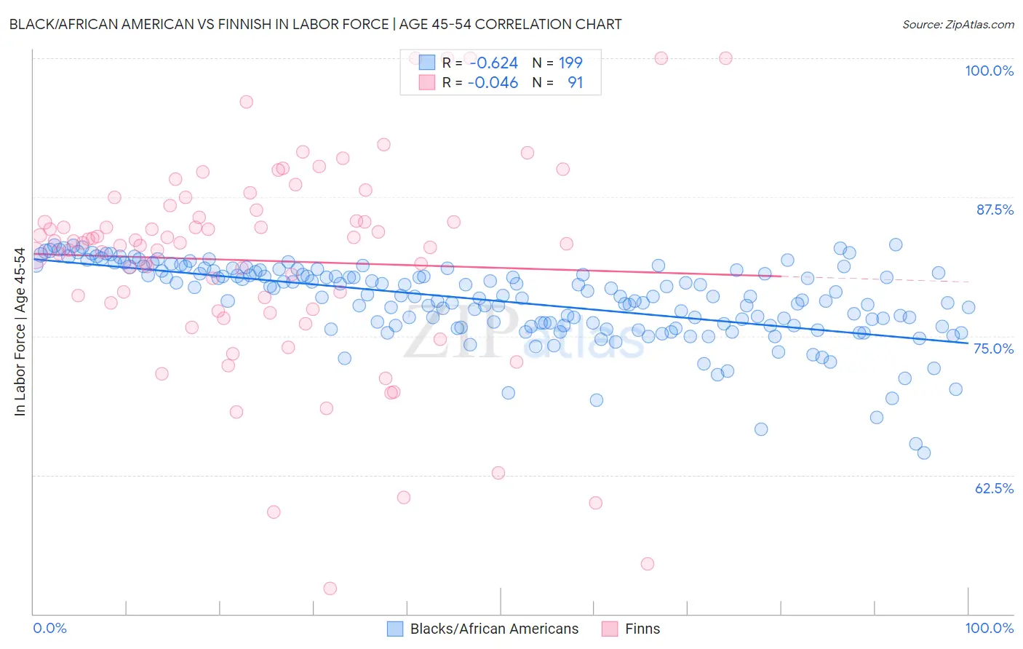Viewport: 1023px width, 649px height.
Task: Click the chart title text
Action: click(315, 24)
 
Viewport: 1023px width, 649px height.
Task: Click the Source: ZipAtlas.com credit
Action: click(958, 24)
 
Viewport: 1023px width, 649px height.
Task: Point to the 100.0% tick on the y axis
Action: click(989, 71)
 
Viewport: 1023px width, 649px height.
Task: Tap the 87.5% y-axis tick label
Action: click(994, 210)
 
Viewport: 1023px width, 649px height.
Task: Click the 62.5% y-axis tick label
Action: click(994, 488)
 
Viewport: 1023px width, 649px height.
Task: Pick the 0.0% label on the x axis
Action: click(49, 628)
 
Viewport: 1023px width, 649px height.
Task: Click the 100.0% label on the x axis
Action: click(989, 628)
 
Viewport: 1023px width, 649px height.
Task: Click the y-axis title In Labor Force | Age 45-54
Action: click(20, 333)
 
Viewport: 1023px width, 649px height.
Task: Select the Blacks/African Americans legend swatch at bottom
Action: click(395, 629)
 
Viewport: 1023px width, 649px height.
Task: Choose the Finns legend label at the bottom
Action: click(642, 629)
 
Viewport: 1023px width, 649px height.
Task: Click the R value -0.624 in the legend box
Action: click(493, 63)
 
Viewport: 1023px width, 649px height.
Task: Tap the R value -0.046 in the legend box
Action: click(493, 82)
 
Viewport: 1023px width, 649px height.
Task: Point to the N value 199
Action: click(570, 63)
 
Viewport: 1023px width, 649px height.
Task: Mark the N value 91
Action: click(575, 82)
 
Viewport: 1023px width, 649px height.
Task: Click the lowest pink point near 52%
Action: click(330, 588)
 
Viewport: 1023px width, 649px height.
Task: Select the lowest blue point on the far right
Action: click(924, 453)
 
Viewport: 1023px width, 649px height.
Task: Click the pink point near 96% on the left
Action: click(246, 102)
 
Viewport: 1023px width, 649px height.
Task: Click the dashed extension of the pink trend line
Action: click(873, 279)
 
